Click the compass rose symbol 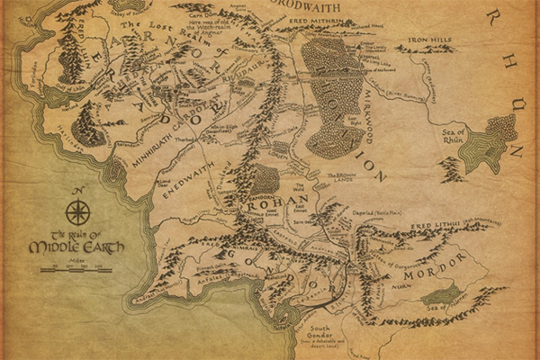(x=77, y=213)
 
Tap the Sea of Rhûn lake (x=482, y=148)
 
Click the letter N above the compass (x=77, y=191)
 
